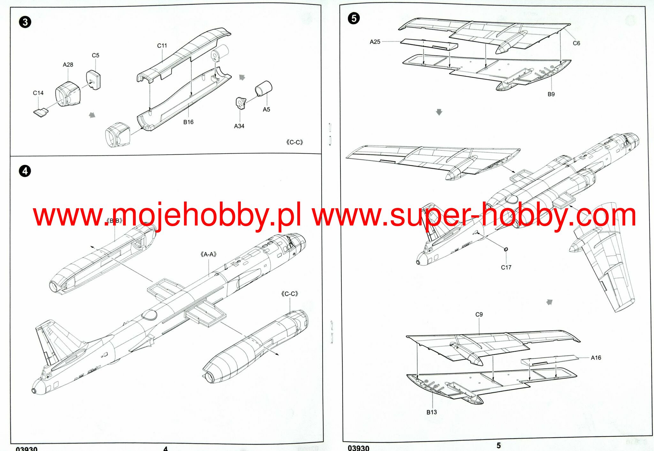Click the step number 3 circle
point(25,22)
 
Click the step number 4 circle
point(25,171)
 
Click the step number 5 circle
point(354,18)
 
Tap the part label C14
point(38,93)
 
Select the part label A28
point(68,65)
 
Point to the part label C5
point(95,55)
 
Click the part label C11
point(162,46)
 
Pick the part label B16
point(188,122)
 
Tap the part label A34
point(239,126)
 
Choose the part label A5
point(266,110)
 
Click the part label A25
point(375,42)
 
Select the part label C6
point(576,43)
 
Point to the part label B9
point(551,94)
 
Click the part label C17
point(506,267)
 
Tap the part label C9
point(479,315)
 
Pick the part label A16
point(596,358)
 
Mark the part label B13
point(431,412)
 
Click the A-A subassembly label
point(209,254)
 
